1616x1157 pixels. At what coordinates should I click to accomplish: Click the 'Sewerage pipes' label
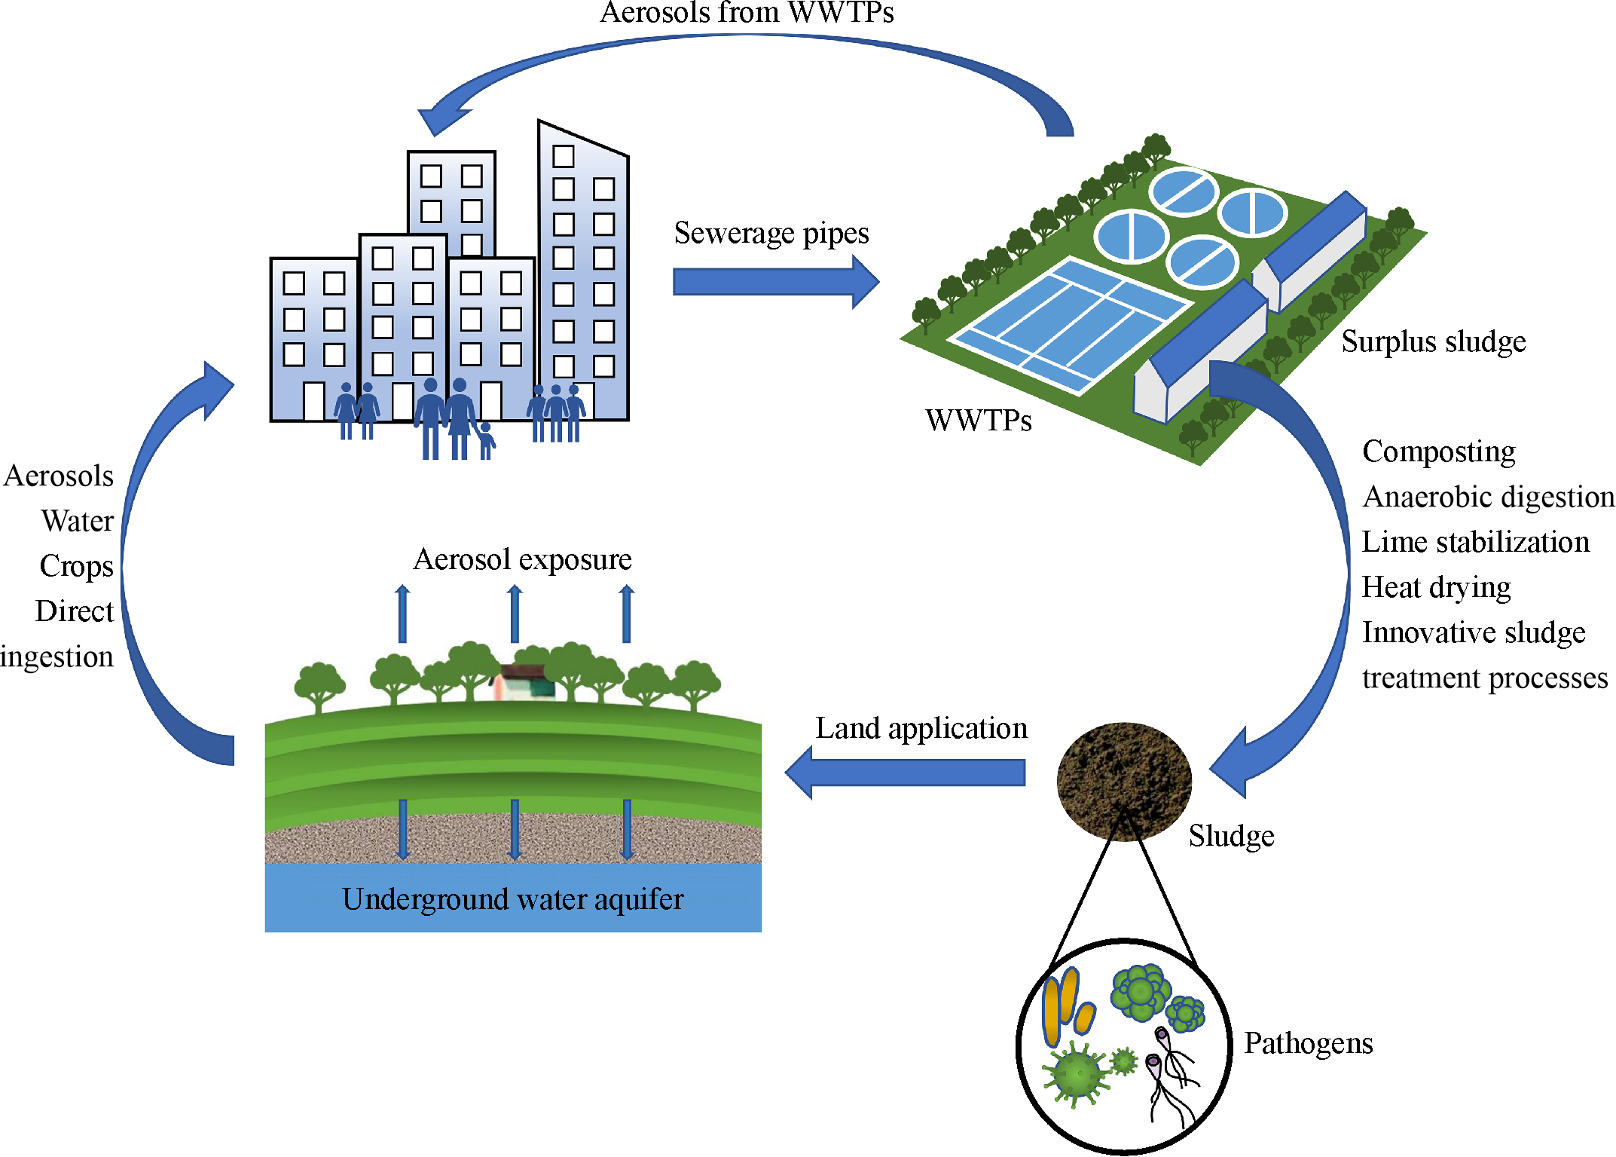pos(771,234)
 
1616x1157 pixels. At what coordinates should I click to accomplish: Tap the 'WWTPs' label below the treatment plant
pos(978,421)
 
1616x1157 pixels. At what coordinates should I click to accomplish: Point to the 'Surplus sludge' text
pos(1433,342)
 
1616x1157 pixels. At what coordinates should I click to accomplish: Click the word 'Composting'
pos(1438,452)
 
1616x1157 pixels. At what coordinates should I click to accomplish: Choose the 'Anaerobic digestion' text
pos(1488,497)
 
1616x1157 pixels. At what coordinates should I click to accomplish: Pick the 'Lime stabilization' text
pos(1475,543)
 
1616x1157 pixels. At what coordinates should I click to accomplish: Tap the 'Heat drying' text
pos(1436,588)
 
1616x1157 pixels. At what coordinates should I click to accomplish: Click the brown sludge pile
pos(1123,781)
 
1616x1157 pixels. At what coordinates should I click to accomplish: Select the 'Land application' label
pos(921,729)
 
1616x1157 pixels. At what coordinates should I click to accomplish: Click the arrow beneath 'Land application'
pos(904,773)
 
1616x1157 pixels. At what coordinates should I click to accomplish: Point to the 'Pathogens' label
pos(1308,1044)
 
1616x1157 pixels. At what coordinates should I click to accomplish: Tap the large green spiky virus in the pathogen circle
pos(1077,1074)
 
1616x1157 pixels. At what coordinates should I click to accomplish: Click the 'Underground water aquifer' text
pos(512,899)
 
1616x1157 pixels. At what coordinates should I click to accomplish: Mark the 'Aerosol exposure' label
pos(522,560)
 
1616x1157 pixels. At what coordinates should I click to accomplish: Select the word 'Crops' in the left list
pos(76,566)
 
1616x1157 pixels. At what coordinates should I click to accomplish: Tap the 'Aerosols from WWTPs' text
pos(746,13)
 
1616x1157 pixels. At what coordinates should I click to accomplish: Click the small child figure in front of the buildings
pos(486,440)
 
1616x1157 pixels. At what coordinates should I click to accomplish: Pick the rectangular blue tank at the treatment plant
pos(1070,324)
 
